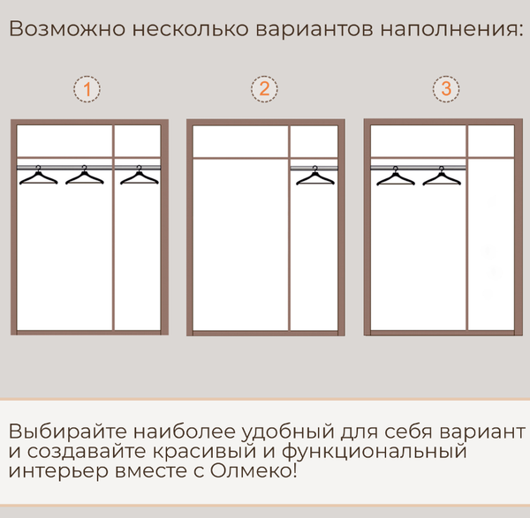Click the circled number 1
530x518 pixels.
(87, 89)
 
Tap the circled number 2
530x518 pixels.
(264, 89)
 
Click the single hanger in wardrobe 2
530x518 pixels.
(314, 176)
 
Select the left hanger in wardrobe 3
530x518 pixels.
(395, 176)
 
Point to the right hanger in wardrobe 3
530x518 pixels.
(442, 176)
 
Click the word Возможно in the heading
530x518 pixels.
(64, 30)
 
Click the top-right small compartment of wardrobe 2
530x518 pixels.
(314, 141)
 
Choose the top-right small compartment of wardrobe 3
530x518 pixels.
(490, 140)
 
